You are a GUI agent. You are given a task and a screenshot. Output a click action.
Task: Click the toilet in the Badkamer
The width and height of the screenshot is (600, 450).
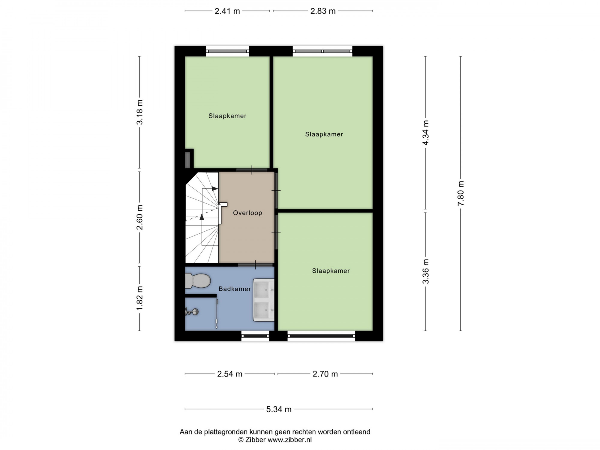click(x=197, y=281)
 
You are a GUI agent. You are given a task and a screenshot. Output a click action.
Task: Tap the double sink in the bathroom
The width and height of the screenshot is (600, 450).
click(x=264, y=300)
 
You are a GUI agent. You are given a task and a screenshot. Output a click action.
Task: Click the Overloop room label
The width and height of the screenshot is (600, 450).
click(x=247, y=213)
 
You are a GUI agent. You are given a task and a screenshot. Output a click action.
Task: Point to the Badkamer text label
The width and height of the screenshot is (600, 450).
click(x=235, y=289)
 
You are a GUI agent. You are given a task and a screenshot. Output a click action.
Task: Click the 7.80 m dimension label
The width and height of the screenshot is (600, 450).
click(x=461, y=193)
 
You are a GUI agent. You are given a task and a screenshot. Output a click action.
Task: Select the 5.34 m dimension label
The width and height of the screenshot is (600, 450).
click(x=279, y=409)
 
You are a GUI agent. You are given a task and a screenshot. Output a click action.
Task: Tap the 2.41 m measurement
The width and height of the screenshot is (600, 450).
click(x=227, y=11)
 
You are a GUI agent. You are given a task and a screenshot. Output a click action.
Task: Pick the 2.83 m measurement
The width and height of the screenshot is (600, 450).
click(x=323, y=11)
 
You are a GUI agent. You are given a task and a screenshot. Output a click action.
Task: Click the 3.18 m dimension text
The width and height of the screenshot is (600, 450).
click(x=140, y=112)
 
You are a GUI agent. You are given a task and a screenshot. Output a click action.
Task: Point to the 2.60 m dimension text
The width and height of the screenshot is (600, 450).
click(x=140, y=217)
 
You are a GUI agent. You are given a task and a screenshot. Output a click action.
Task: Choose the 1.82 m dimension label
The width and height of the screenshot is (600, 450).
click(x=140, y=298)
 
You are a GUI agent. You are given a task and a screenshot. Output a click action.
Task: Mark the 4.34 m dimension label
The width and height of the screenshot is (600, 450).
click(x=426, y=133)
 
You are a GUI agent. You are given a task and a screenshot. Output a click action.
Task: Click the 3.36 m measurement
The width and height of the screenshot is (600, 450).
click(x=426, y=271)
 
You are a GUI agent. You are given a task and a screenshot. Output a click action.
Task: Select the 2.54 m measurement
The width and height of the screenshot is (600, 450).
click(x=230, y=374)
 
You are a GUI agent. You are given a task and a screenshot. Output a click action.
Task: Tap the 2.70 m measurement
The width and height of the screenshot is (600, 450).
click(x=325, y=374)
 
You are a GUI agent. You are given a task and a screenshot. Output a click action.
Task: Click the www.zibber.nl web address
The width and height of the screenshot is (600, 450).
click(x=289, y=440)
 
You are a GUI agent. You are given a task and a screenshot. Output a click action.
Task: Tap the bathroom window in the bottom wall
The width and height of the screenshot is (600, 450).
click(x=255, y=336)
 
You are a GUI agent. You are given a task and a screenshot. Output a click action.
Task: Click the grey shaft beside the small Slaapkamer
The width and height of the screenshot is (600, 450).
click(x=188, y=160)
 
